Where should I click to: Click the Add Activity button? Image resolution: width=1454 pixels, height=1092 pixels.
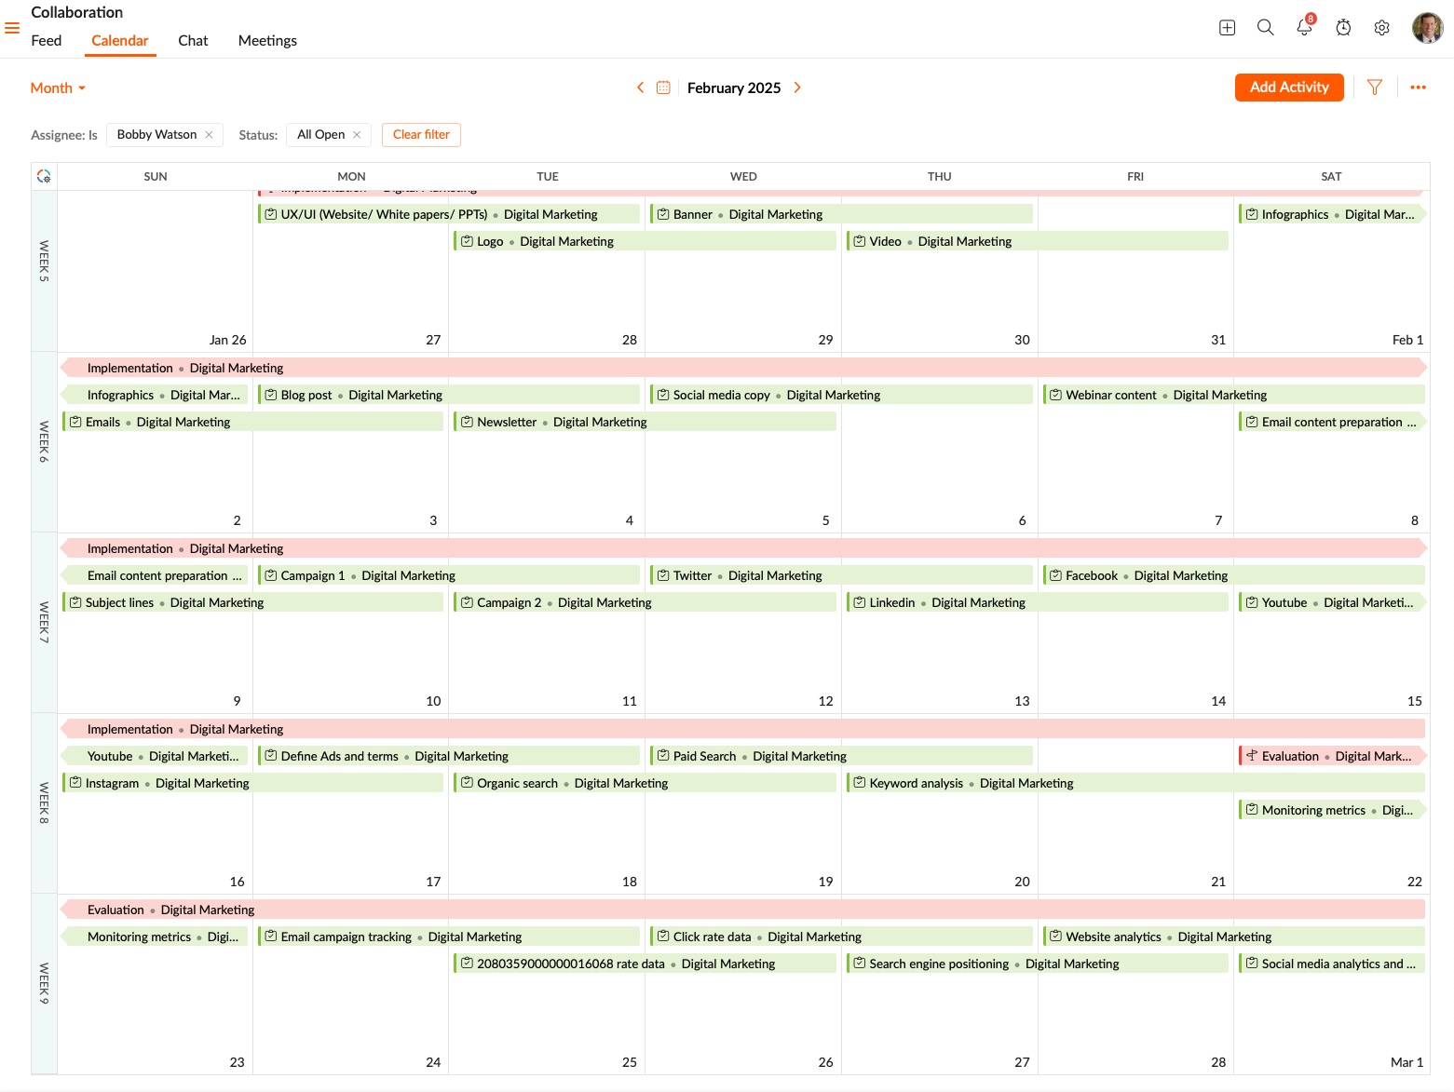coord(1288,88)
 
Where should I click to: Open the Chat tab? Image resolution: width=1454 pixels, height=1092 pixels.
coord(193,41)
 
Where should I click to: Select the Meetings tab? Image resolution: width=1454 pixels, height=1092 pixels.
coord(267,41)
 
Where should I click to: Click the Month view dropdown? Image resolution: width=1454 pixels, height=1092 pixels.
coord(58,88)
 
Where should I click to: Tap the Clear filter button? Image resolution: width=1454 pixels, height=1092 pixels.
coord(421,135)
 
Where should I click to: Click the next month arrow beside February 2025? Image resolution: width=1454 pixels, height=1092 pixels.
coord(797,88)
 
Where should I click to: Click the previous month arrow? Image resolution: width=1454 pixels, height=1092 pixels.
coord(640,88)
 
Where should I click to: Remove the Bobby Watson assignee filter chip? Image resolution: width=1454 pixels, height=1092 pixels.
coord(209,135)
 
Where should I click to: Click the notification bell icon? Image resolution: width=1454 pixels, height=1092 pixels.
coord(1304,28)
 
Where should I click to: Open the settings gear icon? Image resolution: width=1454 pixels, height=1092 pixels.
coord(1382,28)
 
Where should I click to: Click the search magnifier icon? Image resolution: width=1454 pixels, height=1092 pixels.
coord(1265,28)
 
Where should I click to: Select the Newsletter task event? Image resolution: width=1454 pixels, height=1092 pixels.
coord(508,422)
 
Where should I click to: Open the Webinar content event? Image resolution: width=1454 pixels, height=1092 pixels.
coord(1111,395)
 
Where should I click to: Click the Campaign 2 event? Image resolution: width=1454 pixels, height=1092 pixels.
coord(510,602)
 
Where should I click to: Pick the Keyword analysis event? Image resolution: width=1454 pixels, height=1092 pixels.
coord(917,783)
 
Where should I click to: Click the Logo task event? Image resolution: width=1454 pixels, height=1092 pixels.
coord(490,241)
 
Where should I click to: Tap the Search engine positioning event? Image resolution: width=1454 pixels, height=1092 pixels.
coord(939,964)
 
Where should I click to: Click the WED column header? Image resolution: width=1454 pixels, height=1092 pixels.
coord(743,177)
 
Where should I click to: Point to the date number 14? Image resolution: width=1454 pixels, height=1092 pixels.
coord(1217,701)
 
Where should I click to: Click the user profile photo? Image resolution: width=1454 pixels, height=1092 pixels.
coord(1427,28)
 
